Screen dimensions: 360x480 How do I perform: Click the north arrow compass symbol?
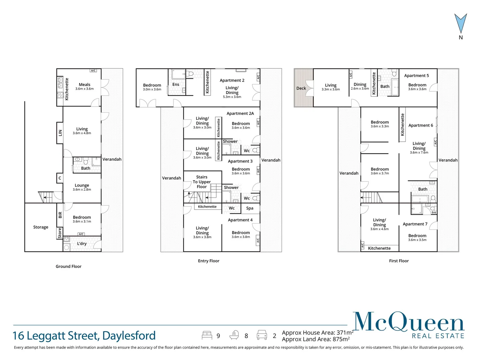461,24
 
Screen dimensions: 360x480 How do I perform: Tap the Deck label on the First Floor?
301,88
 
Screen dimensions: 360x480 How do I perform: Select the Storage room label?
41,227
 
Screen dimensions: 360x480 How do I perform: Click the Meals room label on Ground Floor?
85,85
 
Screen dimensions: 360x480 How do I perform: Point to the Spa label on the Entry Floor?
250,208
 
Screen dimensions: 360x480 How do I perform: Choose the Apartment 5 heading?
416,76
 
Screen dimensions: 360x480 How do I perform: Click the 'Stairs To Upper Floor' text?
202,182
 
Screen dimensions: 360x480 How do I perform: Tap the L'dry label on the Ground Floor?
82,244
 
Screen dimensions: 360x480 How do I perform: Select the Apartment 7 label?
415,224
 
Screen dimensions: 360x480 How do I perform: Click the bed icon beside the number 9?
207,335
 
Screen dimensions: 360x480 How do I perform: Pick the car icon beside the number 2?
262,335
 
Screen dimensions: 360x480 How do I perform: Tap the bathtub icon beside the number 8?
234,335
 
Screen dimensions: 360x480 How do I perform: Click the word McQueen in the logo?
409,322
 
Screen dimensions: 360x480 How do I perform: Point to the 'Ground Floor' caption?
68,266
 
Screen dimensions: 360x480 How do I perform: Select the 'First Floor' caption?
399,261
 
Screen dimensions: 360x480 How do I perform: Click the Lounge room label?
82,185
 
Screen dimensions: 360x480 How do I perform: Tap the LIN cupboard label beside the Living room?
60,133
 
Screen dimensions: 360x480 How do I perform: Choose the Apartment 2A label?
240,113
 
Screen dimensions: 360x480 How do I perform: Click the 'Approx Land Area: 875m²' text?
316,339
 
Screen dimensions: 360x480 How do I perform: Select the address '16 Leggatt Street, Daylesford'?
84,336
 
